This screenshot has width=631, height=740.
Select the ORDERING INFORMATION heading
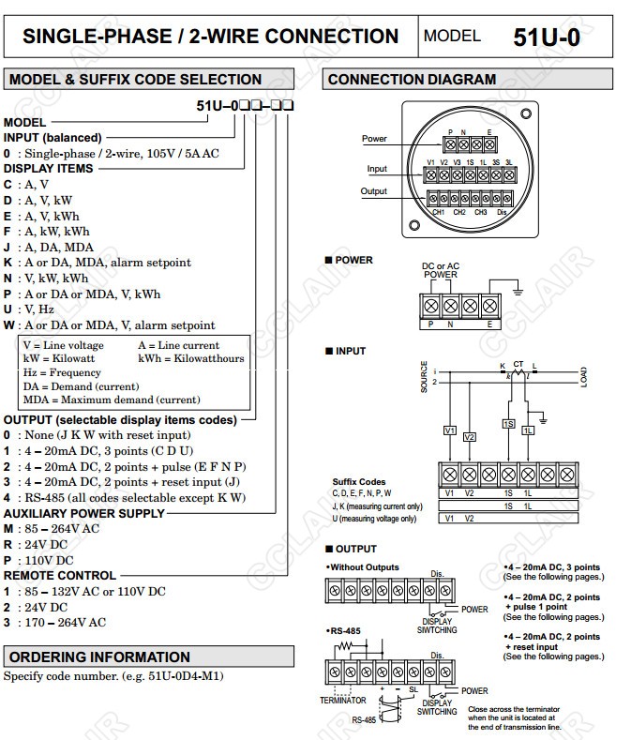(99, 657)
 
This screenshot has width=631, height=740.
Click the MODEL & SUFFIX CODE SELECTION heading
(122, 80)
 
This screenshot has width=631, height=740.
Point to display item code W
(8, 325)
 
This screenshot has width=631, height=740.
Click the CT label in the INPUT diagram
(518, 363)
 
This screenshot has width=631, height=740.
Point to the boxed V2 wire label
(470, 437)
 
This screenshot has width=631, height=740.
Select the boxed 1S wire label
(508, 424)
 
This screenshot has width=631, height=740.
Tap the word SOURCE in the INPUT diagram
(424, 376)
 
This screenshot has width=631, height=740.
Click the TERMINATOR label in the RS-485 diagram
(342, 700)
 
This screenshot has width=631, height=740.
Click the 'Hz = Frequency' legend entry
(61, 372)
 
